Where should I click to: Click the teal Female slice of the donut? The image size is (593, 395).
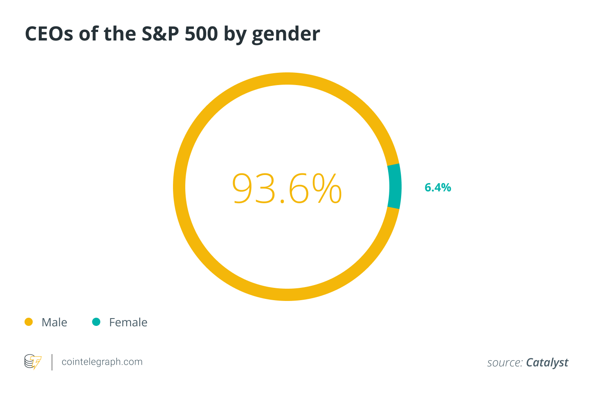[394, 186]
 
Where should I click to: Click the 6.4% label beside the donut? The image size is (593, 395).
[438, 187]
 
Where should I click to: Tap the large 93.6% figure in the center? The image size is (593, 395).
[287, 188]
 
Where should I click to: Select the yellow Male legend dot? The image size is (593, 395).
[29, 322]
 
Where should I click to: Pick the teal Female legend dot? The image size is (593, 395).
[96, 322]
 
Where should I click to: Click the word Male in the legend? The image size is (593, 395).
[54, 322]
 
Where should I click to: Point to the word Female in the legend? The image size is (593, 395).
[128, 322]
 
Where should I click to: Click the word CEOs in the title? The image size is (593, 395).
[49, 34]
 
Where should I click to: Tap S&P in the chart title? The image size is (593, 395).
[160, 34]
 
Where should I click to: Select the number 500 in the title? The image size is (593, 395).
[201, 34]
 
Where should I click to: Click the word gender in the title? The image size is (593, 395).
[286, 34]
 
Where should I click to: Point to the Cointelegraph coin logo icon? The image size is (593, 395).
[33, 362]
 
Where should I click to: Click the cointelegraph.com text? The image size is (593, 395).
[102, 362]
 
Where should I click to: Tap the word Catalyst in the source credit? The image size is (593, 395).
[547, 363]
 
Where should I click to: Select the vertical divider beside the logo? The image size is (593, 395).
[52, 362]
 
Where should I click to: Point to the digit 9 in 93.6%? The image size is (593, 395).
[245, 188]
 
